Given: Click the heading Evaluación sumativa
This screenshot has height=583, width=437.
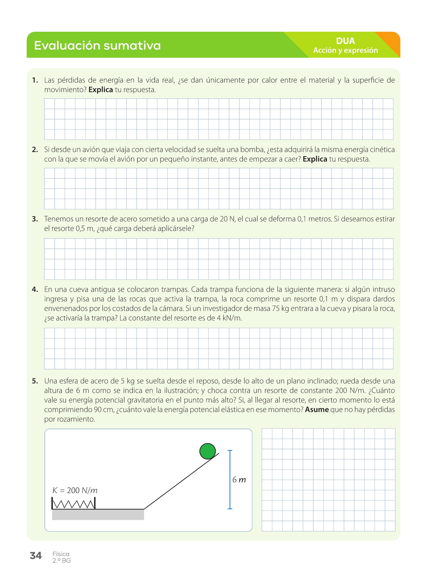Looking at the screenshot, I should point(97,45).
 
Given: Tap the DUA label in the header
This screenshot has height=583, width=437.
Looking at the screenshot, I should point(345,41).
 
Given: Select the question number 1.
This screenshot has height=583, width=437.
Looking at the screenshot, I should point(35,80).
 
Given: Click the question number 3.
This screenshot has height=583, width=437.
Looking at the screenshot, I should point(35,219).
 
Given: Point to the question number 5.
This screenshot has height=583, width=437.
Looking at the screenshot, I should point(35,381).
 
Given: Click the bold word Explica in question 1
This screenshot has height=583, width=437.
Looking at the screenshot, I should point(100,90).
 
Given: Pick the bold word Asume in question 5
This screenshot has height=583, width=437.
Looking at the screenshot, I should point(317,410).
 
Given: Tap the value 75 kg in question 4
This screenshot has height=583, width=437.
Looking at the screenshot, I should point(280,309).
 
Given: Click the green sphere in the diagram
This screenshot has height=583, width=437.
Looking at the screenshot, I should point(207,451).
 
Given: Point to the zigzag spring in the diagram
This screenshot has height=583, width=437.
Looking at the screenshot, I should point(73,504).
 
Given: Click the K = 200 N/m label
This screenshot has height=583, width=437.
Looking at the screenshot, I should point(75,490).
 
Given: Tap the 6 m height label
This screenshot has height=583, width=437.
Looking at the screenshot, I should point(239,480).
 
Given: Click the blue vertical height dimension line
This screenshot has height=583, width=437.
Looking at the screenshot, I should point(230,479).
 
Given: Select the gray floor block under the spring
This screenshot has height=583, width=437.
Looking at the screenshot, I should point(98,515).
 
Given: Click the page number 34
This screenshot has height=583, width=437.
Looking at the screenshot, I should point(36,556).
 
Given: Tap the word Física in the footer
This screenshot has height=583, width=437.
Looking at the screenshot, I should point(61,554).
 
